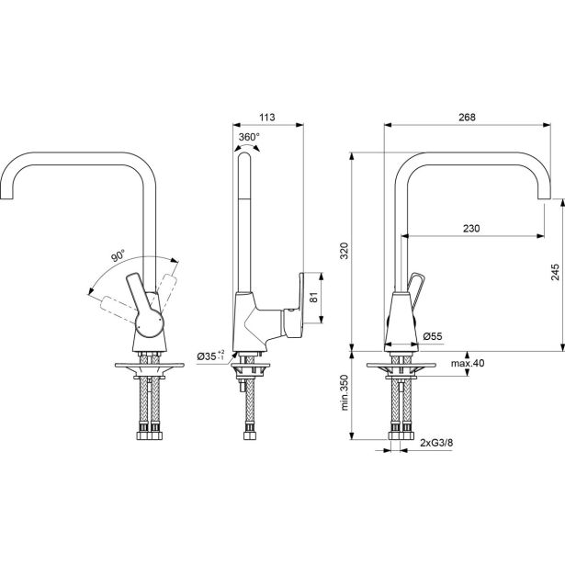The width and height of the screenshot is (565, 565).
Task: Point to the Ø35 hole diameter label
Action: [210, 355]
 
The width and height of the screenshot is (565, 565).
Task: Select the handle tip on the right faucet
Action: [420, 279]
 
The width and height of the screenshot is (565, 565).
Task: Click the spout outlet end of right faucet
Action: [554, 193]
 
